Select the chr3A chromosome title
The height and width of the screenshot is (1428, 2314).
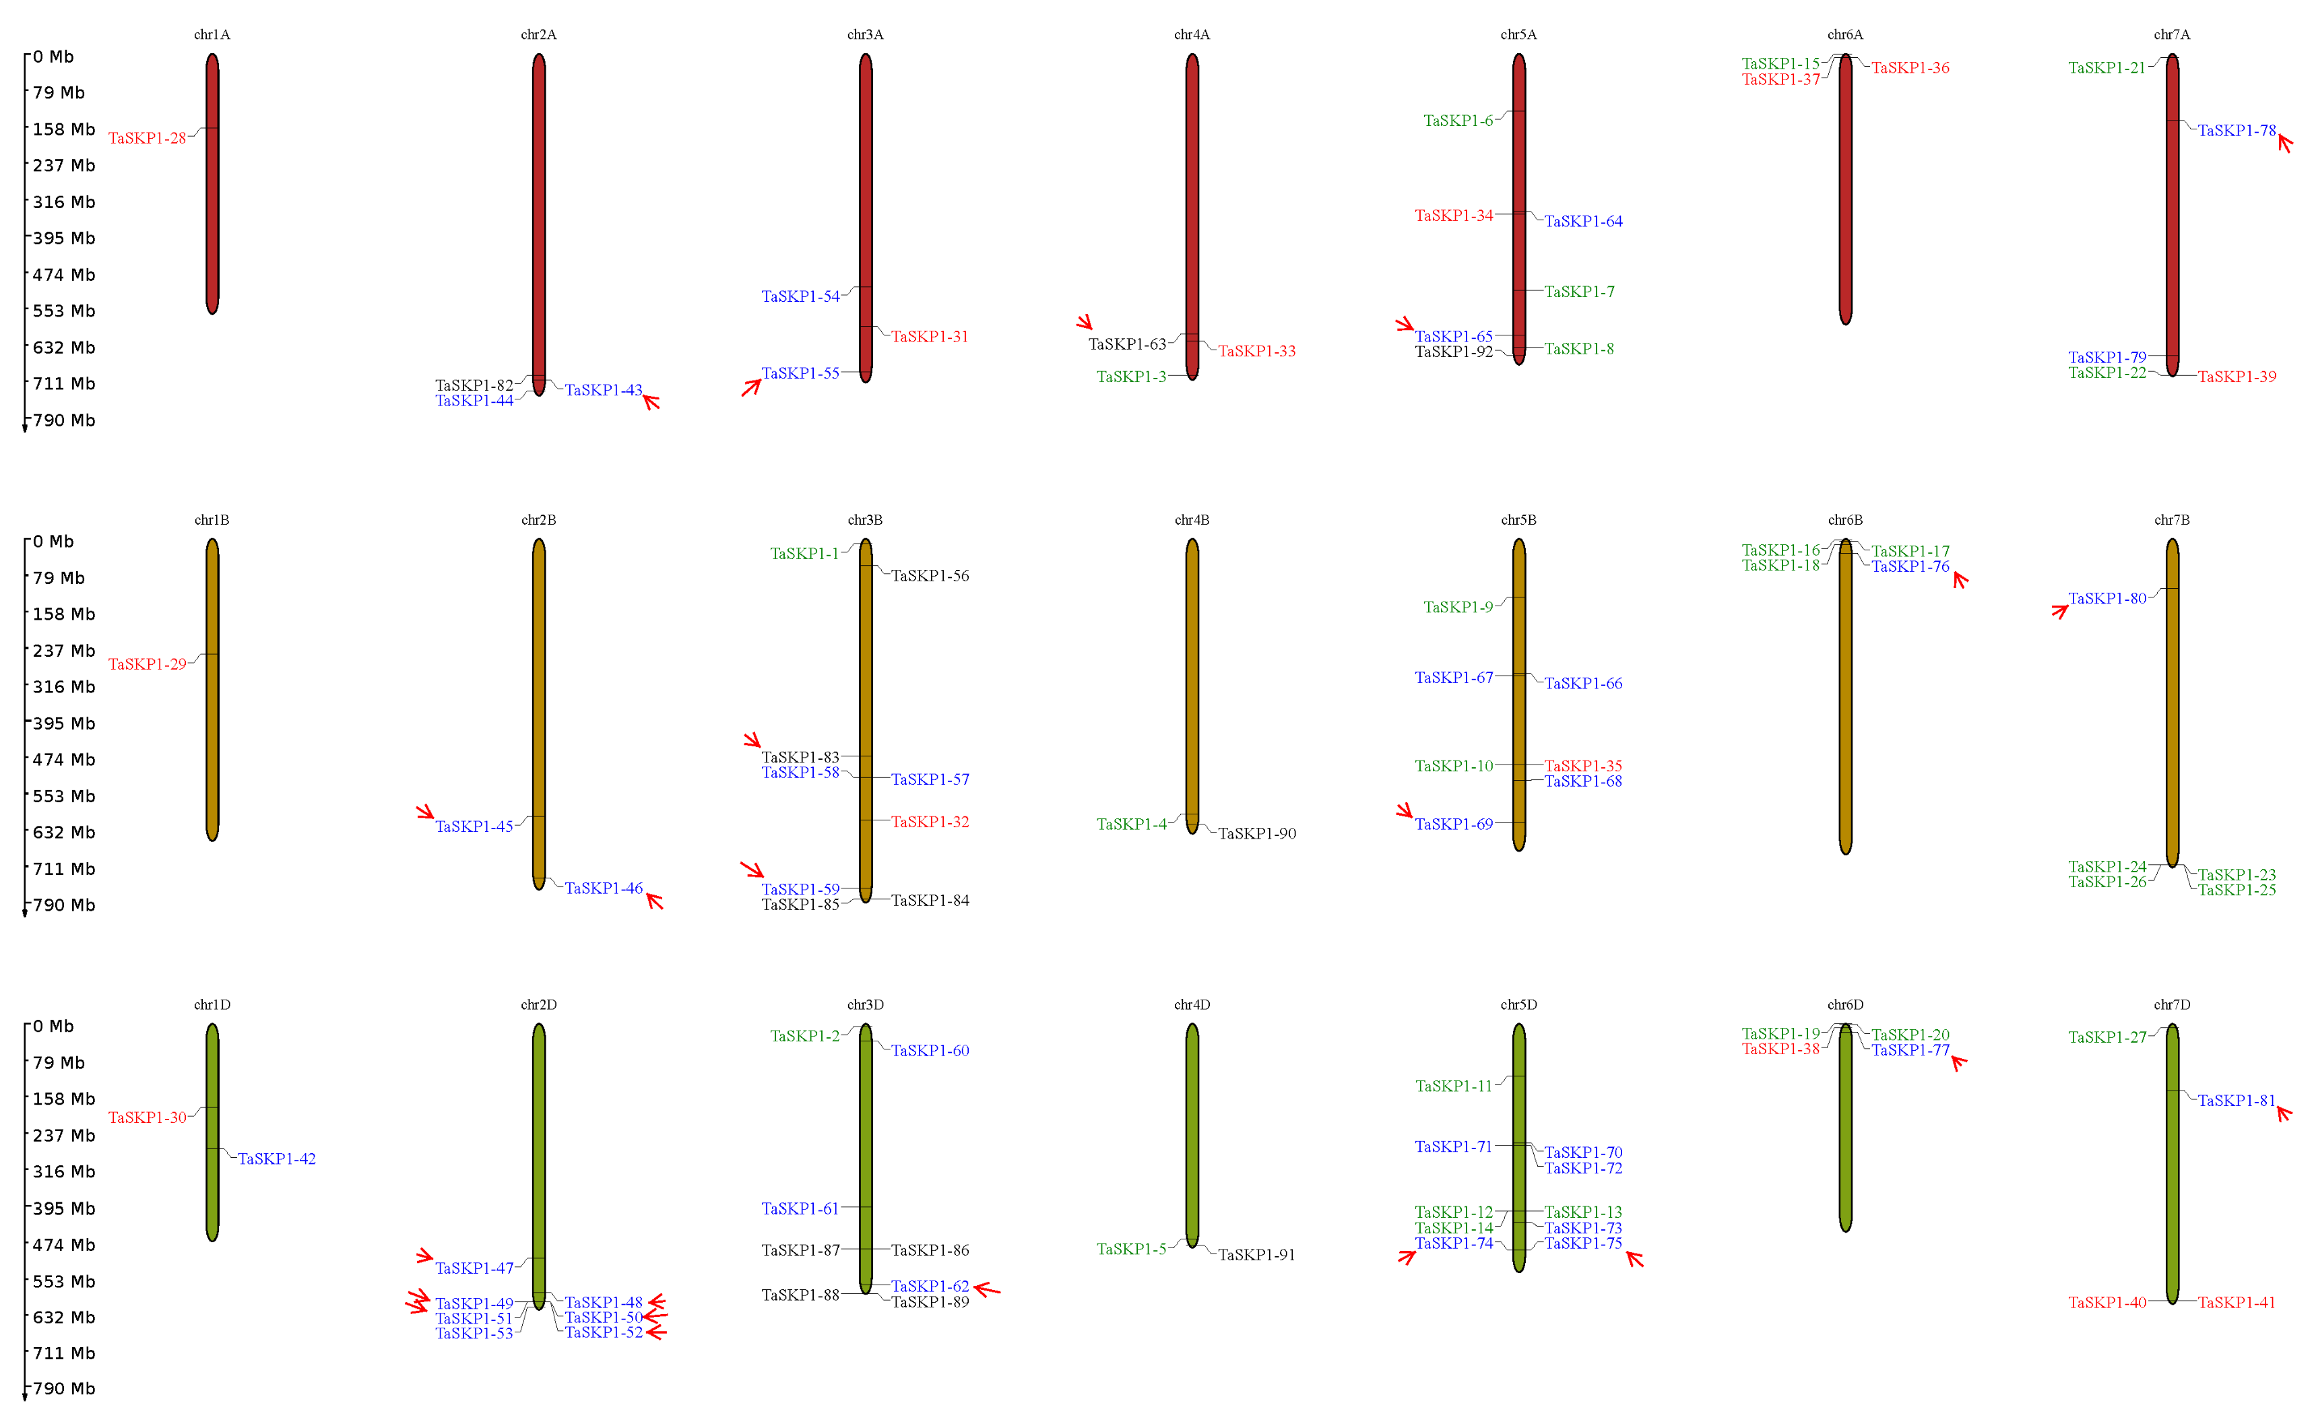pos(864,35)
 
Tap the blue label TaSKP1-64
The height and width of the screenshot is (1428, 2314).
pos(1583,221)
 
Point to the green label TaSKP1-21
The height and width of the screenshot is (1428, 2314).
pos(2107,68)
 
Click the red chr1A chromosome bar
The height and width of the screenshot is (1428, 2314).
pos(212,183)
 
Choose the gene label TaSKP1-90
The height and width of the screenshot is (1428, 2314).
pos(1256,833)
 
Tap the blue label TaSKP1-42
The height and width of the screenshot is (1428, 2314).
pos(277,1159)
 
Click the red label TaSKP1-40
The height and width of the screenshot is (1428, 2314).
pos(2107,1303)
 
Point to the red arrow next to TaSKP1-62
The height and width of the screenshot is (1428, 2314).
pos(986,1289)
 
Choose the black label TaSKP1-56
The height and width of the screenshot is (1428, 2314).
pos(930,575)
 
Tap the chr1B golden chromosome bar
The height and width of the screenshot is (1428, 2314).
pos(212,690)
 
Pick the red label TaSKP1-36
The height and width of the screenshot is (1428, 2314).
pos(1910,68)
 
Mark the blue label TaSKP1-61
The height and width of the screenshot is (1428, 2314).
pos(800,1209)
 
